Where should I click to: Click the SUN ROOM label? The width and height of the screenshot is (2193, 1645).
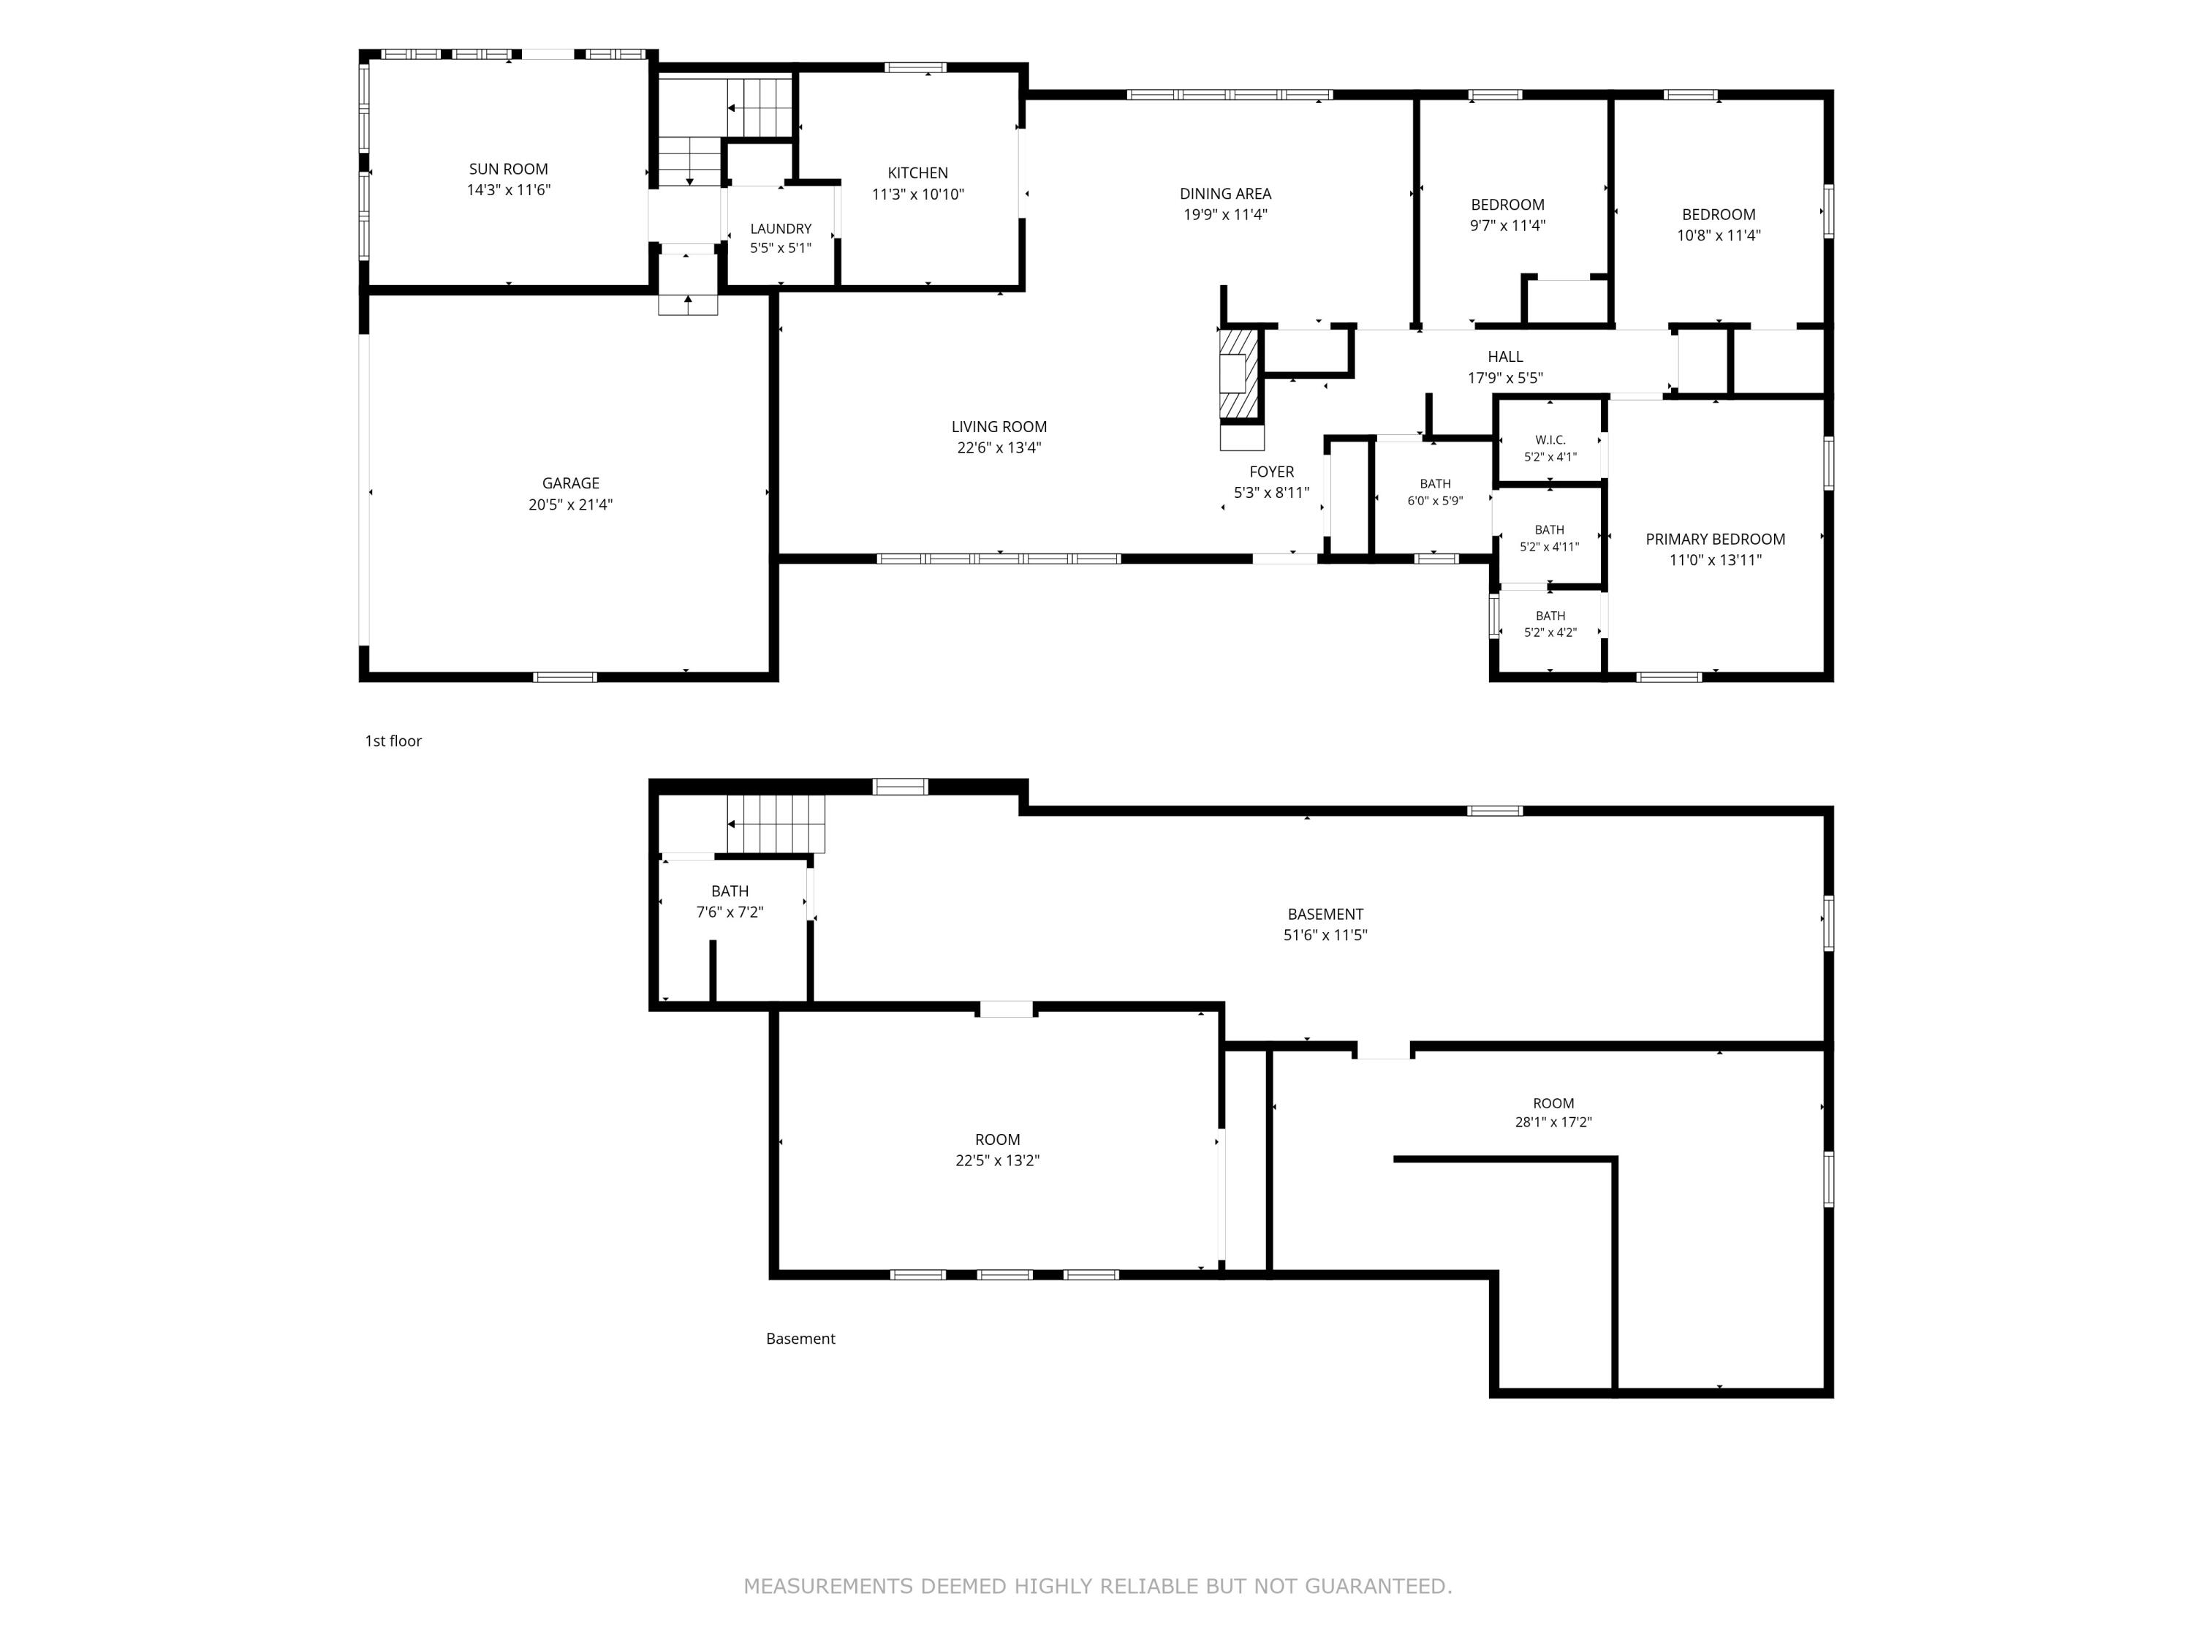coord(509,170)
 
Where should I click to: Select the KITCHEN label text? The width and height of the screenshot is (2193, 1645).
coord(918,173)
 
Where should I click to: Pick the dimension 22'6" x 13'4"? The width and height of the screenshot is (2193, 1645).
coord(999,448)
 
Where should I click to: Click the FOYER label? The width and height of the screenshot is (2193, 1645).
coord(1272,472)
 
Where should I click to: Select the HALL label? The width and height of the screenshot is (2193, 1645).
coord(1505,357)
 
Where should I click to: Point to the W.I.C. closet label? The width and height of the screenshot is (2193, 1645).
coord(1550,439)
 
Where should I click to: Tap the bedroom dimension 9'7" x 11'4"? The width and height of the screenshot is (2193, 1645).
coord(1508,226)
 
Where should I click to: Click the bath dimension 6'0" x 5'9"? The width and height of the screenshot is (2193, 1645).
coord(1436,502)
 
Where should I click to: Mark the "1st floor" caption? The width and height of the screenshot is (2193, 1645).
coord(393,741)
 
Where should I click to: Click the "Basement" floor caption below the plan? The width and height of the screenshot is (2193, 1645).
coord(801,1339)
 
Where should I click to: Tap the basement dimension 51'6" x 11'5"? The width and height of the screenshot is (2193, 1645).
coord(1325,935)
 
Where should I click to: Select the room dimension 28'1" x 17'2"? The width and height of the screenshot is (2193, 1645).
coord(1553,1122)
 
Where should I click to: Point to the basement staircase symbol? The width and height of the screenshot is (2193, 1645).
coord(776,824)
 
